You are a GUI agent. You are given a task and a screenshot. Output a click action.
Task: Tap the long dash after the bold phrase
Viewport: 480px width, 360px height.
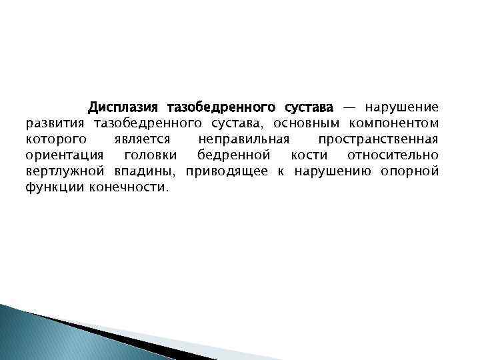point(349,107)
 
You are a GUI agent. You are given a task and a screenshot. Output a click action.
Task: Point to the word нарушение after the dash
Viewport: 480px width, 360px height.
point(401,107)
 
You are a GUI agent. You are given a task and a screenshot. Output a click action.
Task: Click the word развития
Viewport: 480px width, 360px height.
point(56,123)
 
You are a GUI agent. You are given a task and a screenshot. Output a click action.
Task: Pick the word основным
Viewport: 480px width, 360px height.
point(306,123)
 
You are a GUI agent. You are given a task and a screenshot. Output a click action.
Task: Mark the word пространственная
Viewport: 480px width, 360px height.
point(378,139)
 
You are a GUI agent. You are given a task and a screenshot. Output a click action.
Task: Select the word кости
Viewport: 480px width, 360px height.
point(308,155)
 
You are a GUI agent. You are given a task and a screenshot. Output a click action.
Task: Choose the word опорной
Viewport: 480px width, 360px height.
point(409,172)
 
